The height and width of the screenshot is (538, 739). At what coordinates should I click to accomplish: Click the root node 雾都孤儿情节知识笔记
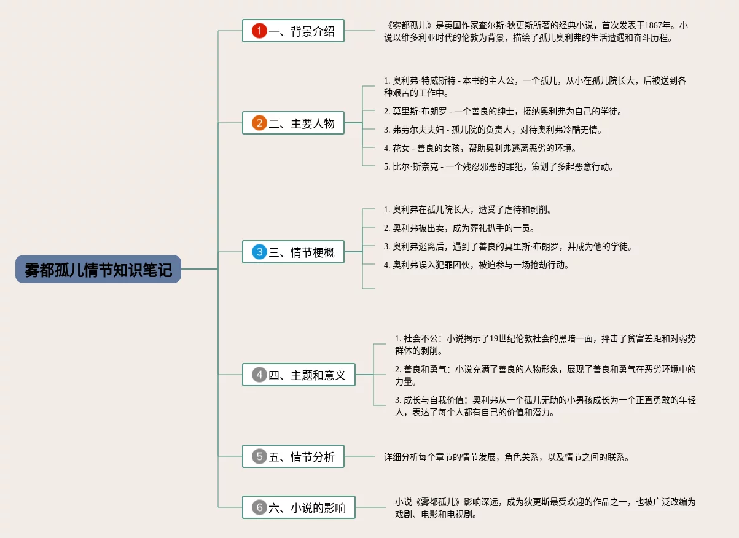click(x=98, y=269)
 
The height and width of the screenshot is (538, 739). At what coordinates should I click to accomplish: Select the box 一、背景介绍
click(x=293, y=31)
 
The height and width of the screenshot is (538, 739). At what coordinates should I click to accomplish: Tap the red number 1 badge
click(x=259, y=31)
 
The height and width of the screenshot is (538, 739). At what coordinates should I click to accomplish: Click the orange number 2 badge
click(x=259, y=123)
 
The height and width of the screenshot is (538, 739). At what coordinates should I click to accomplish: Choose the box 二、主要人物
click(x=293, y=123)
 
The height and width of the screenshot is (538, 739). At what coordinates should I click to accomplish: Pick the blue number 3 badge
click(x=259, y=252)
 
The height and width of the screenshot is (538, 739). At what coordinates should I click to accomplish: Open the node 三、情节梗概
click(x=293, y=252)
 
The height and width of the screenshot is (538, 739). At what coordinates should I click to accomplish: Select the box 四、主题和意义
click(x=299, y=375)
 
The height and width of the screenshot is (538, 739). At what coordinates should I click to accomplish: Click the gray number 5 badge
click(x=259, y=456)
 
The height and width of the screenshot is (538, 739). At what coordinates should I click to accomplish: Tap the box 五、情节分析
click(x=293, y=456)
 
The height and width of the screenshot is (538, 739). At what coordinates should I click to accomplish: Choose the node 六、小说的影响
click(x=299, y=507)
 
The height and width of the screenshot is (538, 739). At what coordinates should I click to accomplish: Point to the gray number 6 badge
click(x=259, y=507)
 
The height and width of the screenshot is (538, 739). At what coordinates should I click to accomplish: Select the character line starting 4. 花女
click(x=480, y=148)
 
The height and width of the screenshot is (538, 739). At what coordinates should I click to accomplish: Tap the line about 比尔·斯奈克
click(x=498, y=166)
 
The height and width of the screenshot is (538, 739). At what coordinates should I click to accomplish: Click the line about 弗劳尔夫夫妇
click(x=493, y=130)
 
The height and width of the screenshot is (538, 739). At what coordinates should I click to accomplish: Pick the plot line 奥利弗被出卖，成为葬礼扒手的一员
click(x=459, y=228)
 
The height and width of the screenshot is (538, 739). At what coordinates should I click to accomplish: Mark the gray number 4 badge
click(x=259, y=375)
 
